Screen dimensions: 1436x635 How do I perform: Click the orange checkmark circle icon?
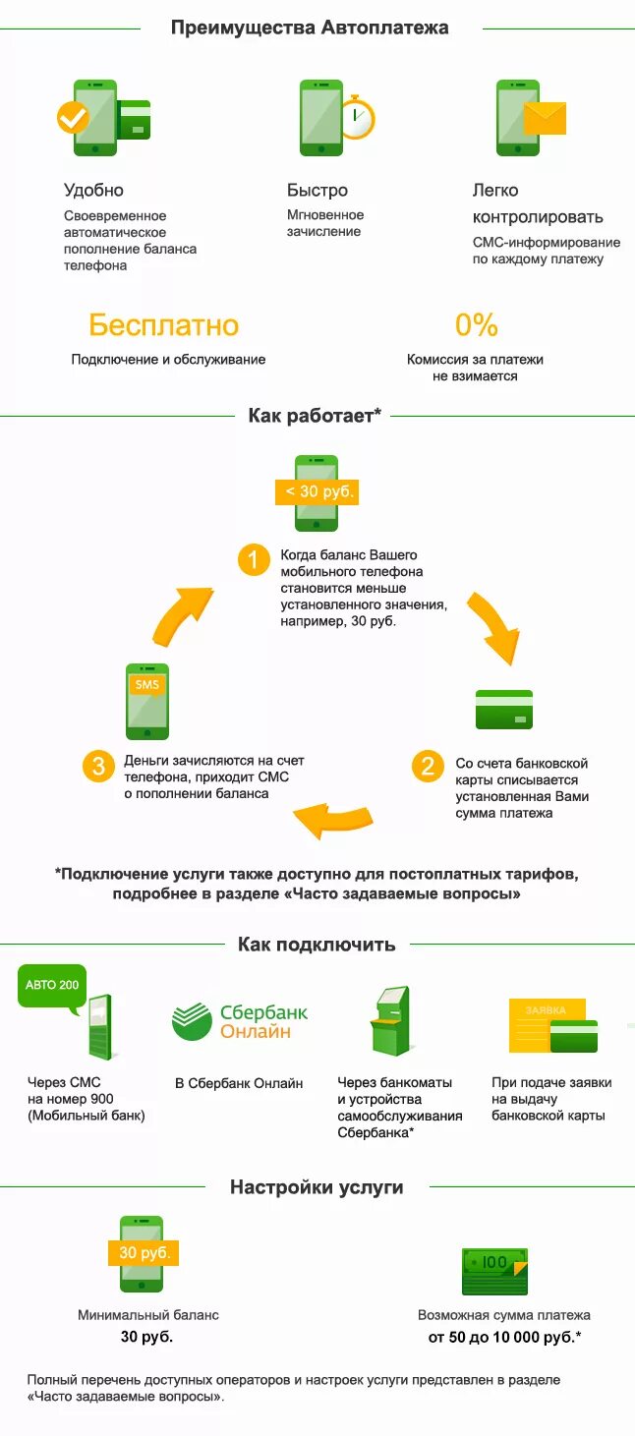click(x=72, y=119)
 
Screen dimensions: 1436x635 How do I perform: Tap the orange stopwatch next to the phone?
click(x=358, y=120)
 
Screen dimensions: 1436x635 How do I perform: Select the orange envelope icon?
click(x=546, y=118)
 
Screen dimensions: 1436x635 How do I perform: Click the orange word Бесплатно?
click(x=163, y=325)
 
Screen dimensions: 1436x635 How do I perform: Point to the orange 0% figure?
click(x=476, y=325)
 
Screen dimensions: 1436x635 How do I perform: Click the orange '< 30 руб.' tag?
click(x=317, y=491)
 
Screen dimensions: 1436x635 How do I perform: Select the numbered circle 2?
click(x=427, y=766)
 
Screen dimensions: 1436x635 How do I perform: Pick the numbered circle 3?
click(x=97, y=766)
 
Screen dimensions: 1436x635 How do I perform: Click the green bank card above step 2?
click(x=503, y=709)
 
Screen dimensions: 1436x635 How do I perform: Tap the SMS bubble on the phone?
click(x=146, y=685)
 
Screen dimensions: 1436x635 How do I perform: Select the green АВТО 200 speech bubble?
click(x=52, y=986)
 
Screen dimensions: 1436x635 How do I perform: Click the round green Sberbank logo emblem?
click(x=192, y=1022)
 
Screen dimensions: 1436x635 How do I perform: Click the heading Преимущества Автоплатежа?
click(x=310, y=28)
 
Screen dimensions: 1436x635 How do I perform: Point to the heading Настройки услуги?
click(x=317, y=1187)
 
